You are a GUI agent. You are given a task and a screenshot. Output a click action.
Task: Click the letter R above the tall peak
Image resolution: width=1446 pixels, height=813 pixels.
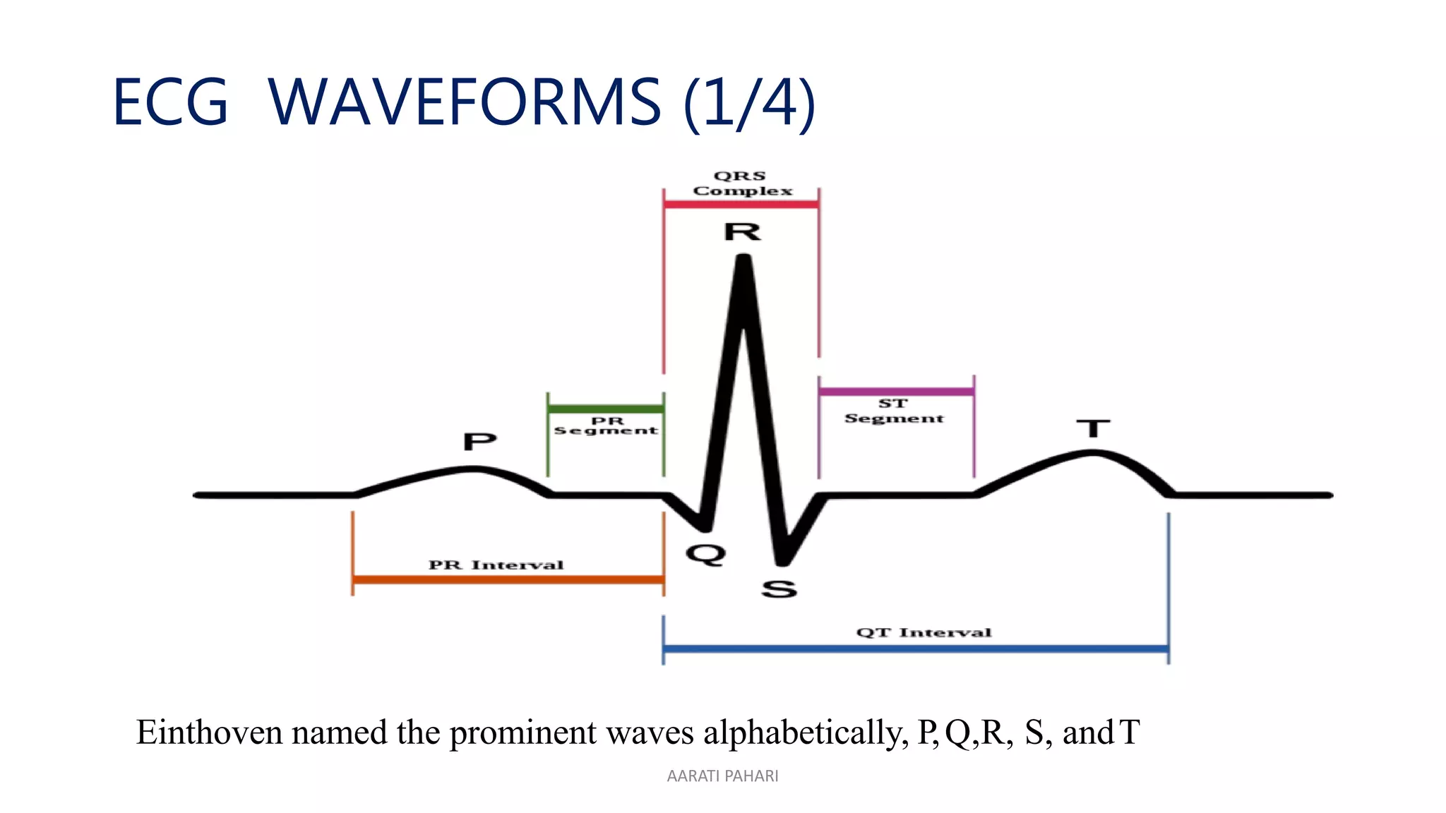tap(742, 231)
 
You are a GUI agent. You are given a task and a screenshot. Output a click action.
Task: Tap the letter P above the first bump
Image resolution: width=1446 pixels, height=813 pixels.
tap(479, 442)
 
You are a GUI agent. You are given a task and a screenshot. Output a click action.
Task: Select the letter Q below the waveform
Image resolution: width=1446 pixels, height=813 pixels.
tap(705, 554)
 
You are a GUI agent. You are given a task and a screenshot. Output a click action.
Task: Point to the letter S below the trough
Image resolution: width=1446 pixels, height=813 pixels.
tap(779, 589)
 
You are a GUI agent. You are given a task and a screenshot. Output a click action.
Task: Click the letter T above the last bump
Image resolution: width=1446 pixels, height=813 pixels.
tap(1093, 428)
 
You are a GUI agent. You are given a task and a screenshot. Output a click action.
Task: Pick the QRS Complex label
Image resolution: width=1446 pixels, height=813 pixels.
tap(741, 183)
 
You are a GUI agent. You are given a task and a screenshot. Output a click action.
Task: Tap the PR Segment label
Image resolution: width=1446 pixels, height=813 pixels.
tap(606, 426)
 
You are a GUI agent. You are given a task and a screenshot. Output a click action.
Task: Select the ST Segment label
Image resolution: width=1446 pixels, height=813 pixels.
tap(894, 411)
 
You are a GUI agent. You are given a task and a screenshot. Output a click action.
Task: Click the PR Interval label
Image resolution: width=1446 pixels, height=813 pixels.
tap(496, 565)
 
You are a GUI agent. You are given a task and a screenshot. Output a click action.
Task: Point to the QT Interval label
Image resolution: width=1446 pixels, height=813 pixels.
tap(924, 632)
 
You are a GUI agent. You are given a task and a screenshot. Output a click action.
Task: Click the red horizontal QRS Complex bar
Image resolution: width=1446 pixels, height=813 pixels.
tap(741, 205)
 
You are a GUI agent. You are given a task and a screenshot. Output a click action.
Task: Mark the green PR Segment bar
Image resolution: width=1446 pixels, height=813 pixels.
tap(605, 409)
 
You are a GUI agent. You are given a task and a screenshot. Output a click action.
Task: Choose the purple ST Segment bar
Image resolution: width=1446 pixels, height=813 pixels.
tap(896, 391)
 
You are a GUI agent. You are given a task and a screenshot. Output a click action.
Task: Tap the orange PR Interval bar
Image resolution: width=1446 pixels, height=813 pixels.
tap(508, 580)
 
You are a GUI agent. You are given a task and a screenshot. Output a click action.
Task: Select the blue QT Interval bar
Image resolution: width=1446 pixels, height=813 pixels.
tap(915, 649)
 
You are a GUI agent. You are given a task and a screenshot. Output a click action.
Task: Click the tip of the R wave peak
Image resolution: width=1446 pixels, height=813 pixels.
tap(743, 259)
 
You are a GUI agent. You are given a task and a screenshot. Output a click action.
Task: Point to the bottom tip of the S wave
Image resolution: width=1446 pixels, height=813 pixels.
tap(782, 562)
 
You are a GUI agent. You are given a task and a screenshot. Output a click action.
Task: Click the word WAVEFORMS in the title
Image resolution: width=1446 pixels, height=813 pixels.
tap(464, 103)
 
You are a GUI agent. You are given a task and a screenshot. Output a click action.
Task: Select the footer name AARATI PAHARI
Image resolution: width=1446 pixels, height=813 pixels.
tap(722, 776)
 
